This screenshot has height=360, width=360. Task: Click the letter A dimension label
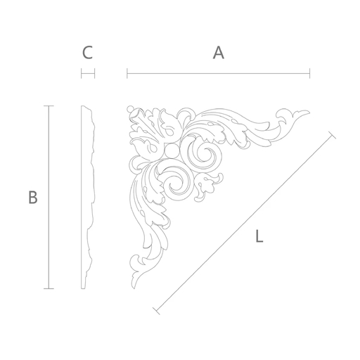219,53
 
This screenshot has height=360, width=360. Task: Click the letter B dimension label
33,198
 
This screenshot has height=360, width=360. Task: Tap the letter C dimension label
88,53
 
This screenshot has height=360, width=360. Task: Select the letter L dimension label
259,236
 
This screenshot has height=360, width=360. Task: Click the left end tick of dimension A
127,73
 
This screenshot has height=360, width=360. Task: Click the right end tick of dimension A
310,73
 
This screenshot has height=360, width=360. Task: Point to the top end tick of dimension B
49,106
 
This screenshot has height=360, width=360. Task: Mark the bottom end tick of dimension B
49,288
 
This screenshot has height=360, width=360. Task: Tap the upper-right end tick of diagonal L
332,135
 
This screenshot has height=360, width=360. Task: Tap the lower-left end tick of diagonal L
156,311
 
